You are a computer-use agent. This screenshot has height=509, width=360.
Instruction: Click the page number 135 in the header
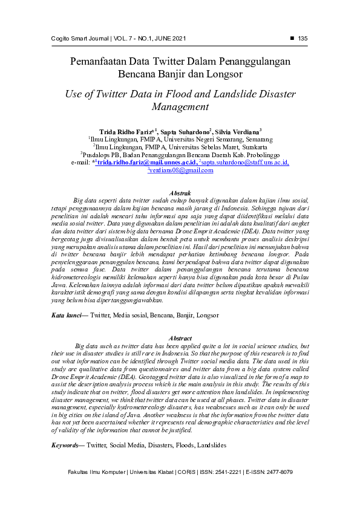[x=303, y=39]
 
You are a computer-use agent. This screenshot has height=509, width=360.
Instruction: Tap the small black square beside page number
[x=292, y=38]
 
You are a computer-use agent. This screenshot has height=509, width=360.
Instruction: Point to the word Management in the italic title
[x=180, y=107]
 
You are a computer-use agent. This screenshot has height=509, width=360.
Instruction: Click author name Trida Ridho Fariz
[x=128, y=131]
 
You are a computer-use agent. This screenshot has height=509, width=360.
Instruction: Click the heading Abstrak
[x=180, y=192]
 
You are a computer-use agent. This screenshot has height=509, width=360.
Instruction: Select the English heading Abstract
[x=180, y=338]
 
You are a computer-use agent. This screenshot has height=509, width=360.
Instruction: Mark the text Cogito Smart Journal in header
[x=79, y=39]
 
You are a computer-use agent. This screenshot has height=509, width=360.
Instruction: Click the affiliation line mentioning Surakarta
[x=180, y=146]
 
